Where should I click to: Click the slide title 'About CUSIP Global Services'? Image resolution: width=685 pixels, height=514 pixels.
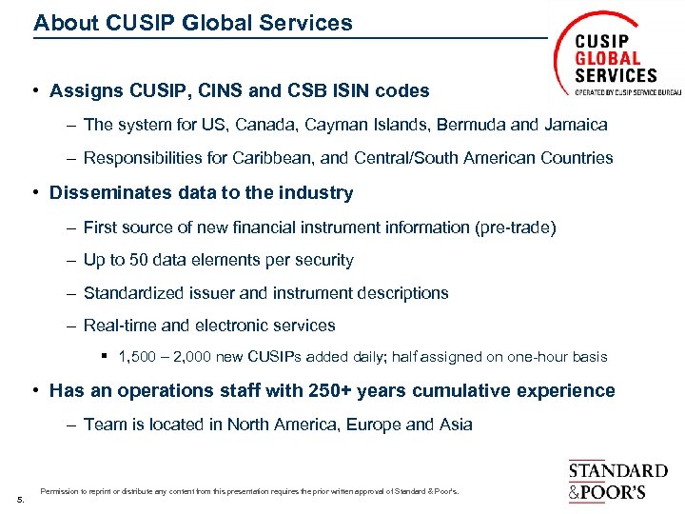pos(192,23)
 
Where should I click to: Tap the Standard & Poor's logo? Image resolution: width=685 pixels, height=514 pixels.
pos(617,481)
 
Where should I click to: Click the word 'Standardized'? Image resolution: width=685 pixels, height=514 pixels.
pos(132,293)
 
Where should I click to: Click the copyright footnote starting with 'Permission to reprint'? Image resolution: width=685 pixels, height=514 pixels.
pos(249,492)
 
